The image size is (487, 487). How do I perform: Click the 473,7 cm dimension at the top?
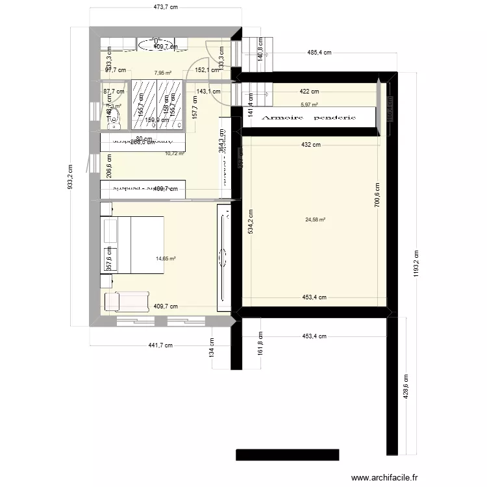tap(165, 7)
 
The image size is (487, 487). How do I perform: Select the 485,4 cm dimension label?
tap(320, 53)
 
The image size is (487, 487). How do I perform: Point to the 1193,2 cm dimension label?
tap(416, 264)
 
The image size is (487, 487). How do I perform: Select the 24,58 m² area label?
tap(315, 219)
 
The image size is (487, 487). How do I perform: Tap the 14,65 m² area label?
tap(166, 258)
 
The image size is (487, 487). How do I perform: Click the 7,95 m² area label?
tap(162, 73)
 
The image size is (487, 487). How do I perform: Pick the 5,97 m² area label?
tap(309, 104)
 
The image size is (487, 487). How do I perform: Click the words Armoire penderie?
tap(308, 118)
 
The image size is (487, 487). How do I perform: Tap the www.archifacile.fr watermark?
tap(385, 477)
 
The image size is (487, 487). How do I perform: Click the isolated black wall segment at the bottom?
tap(288, 455)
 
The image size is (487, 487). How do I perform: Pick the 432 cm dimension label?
tap(311, 145)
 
